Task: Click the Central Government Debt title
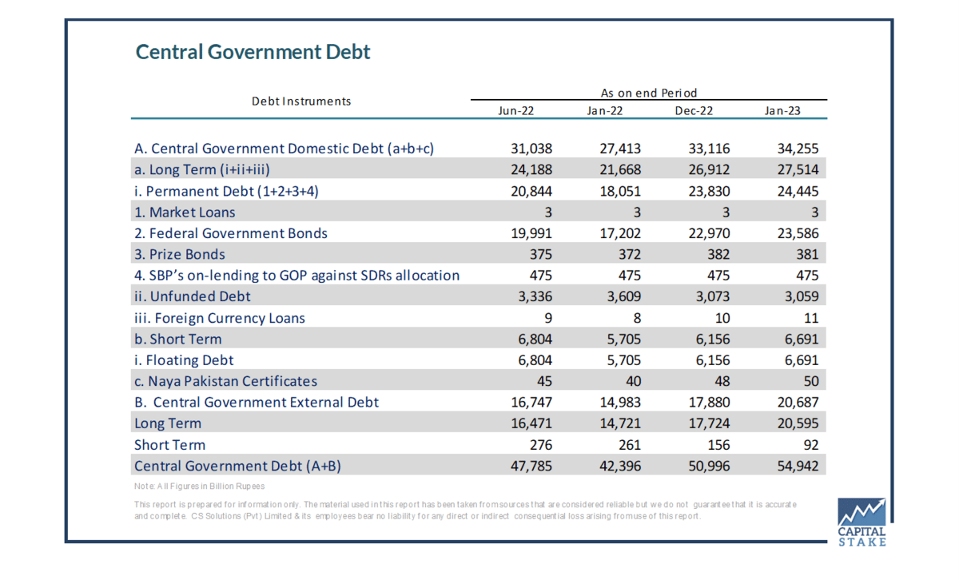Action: point(253,52)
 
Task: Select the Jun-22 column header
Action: point(516,111)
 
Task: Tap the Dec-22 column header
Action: point(694,111)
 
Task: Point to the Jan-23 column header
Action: point(782,111)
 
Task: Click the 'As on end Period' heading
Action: point(649,93)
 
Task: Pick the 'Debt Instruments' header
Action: point(301,101)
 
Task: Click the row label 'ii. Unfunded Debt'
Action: point(193,296)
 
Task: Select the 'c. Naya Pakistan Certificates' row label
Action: point(225,381)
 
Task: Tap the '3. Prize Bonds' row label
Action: point(179,254)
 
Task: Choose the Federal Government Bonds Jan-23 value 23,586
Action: point(798,233)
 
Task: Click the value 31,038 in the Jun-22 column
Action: point(531,149)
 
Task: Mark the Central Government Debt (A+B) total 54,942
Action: point(798,466)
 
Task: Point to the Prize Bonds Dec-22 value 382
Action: point(718,254)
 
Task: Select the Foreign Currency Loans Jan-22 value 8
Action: point(637,318)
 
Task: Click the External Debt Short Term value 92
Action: point(811,445)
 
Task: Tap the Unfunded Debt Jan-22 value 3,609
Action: point(624,296)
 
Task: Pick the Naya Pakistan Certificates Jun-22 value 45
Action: point(544,381)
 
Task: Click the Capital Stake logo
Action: point(862,522)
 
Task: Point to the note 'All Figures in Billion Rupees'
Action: point(200,487)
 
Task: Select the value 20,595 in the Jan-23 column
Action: point(798,423)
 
